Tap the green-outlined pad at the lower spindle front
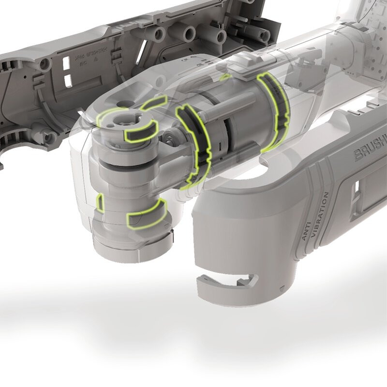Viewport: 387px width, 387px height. (x=146, y=213)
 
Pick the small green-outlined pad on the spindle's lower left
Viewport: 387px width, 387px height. (x=101, y=203)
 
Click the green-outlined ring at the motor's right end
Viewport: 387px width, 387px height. (x=275, y=112)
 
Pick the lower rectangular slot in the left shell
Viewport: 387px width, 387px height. (x=67, y=80)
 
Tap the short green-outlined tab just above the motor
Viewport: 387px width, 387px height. (x=225, y=77)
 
